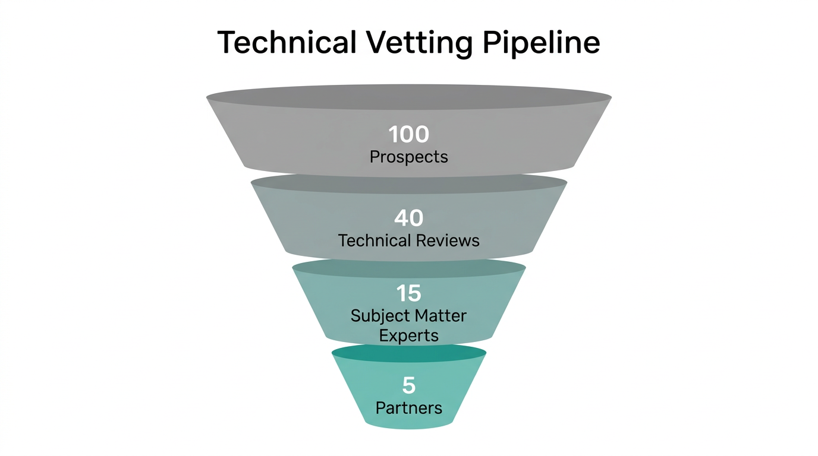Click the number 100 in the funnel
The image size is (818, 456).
point(409,135)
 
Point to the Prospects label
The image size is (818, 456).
point(409,157)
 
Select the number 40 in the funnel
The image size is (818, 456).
point(409,218)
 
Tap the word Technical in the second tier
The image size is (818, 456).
point(374,240)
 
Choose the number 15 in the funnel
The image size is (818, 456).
point(409,293)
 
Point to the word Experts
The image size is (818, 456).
point(409,335)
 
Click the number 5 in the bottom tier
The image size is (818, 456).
point(409,386)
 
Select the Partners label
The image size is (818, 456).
point(409,408)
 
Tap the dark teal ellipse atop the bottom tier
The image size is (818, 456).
point(409,353)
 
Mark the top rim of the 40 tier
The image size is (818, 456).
point(409,184)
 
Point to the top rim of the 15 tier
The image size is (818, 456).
point(409,268)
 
